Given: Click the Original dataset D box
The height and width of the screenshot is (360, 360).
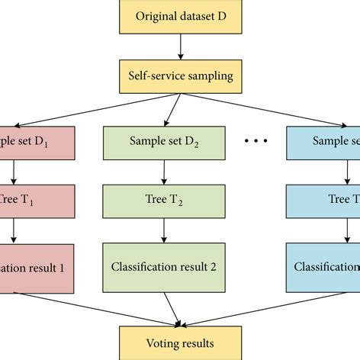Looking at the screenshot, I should (x=180, y=17).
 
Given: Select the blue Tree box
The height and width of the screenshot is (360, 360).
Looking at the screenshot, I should (x=324, y=201).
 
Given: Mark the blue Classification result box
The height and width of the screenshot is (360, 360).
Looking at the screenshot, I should (x=324, y=268).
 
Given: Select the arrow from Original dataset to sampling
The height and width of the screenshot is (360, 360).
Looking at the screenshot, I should (x=180, y=47).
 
